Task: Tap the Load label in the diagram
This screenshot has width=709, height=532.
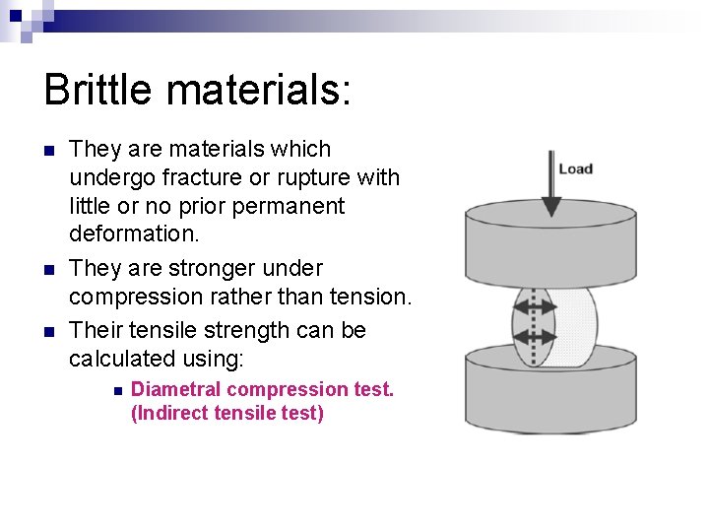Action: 576,168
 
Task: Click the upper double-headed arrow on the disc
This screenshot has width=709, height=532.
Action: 535,304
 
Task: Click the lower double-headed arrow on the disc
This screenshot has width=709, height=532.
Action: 535,336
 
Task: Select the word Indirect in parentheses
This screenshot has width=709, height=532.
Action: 172,413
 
